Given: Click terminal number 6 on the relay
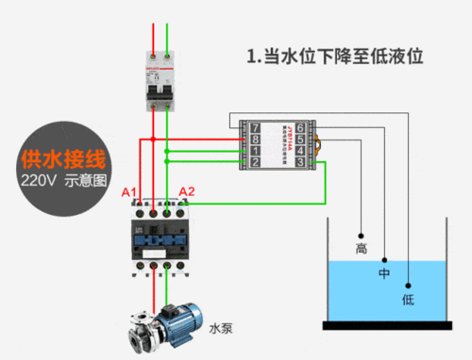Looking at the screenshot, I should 300,126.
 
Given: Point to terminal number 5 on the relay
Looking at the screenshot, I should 300,139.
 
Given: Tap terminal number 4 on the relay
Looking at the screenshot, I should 300,151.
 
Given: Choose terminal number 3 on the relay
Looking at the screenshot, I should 300,163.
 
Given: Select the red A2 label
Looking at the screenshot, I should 187,192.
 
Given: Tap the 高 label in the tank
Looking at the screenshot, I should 361,250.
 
